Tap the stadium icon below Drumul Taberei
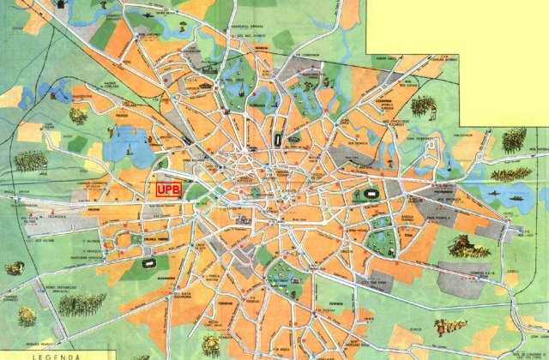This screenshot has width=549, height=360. (x=165, y=260)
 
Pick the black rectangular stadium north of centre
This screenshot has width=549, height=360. (x=279, y=139)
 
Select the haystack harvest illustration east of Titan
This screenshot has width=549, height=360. (x=469, y=248)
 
